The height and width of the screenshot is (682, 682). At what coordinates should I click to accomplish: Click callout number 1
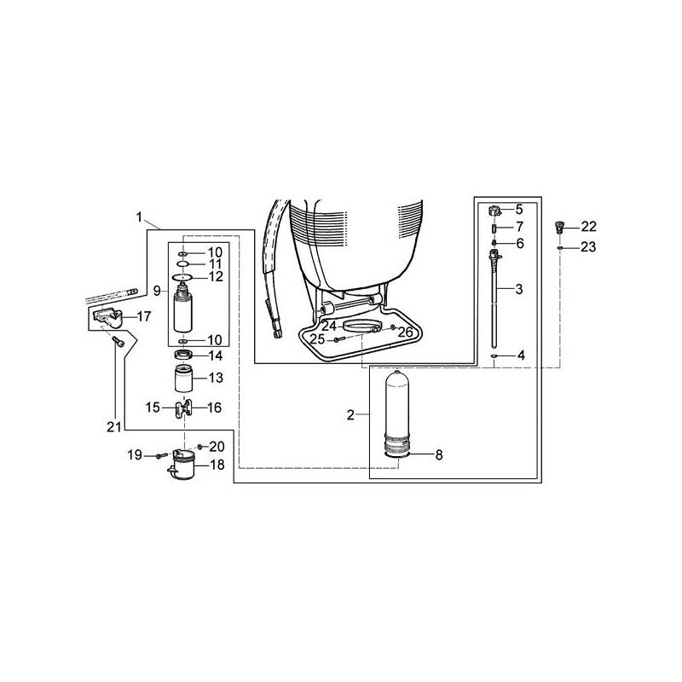coord(139,217)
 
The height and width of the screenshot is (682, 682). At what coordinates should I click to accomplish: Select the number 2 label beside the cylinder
coord(350,415)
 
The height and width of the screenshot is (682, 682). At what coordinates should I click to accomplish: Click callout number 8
coord(439,455)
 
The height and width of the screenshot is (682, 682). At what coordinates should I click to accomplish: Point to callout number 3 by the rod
coord(519,290)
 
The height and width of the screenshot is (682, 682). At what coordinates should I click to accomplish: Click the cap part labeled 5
coord(494,211)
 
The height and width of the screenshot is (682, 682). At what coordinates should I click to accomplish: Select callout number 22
coord(589,227)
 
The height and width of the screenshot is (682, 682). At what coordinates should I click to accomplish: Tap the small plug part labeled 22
coord(560,227)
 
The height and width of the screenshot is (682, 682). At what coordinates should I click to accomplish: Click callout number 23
coord(589,247)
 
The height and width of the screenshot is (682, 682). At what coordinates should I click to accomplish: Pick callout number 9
coord(157,290)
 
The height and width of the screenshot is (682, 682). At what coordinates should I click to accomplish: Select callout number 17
coord(143,316)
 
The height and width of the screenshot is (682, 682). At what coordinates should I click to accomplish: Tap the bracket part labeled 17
coord(107,318)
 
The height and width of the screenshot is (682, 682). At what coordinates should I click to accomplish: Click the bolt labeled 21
coord(118,342)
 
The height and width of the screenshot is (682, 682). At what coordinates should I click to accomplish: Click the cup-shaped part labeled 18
coord(183,467)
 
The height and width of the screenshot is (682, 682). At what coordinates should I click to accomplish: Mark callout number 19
coord(135,456)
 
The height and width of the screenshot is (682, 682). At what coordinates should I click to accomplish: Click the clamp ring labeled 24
coord(360,328)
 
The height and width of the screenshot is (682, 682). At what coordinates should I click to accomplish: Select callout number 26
coord(405,332)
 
